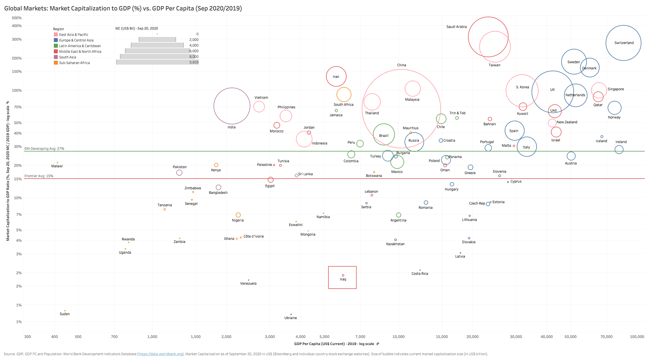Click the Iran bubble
pos(336,76)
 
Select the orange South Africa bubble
pos(344,95)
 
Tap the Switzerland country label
pos(624,43)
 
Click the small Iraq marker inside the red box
pos(343,275)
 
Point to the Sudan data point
pos(65,311)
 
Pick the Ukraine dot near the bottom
pos(291,314)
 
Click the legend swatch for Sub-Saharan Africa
pos(56,63)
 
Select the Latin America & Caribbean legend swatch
pos(56,46)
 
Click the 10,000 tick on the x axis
pos(398,337)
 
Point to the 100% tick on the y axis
pos(17,90)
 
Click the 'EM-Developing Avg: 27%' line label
pos(44,149)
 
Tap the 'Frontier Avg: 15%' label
pos(39,176)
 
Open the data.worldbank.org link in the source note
pos(160,354)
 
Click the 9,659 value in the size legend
pos(194,62)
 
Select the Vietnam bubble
pos(259,107)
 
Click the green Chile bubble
pos(441,119)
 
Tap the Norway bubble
pos(614,108)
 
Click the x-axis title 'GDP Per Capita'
pos(334,344)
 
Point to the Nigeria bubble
pos(238,215)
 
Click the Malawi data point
pos(58,163)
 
